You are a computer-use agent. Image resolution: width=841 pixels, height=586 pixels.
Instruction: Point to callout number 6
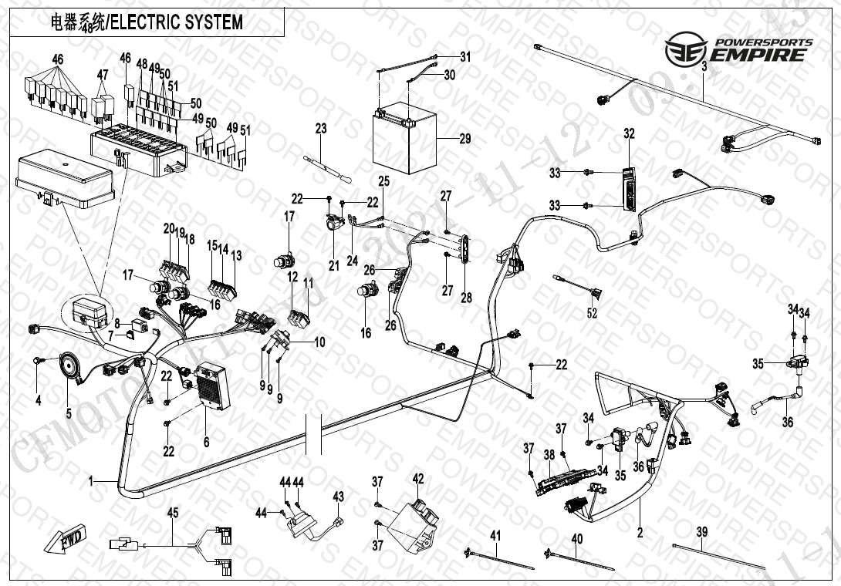[x=206, y=442]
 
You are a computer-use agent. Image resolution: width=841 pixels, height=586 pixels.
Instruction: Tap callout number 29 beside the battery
[x=464, y=140]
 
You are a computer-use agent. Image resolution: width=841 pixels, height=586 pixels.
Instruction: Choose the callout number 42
[x=418, y=479]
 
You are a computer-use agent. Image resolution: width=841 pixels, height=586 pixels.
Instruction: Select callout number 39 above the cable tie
[x=701, y=532]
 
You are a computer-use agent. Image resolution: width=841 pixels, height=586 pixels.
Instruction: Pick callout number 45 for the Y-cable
[x=173, y=513]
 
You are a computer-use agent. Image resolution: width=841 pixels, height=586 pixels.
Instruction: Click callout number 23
[x=321, y=129]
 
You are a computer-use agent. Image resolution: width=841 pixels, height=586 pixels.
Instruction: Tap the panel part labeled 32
[x=630, y=189]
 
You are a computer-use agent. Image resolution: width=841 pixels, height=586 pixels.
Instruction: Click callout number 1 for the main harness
[x=90, y=481]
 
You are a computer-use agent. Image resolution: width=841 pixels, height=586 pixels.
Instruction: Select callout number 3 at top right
[x=704, y=67]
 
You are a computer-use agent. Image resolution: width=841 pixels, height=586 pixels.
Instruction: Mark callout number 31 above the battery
[x=464, y=56]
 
